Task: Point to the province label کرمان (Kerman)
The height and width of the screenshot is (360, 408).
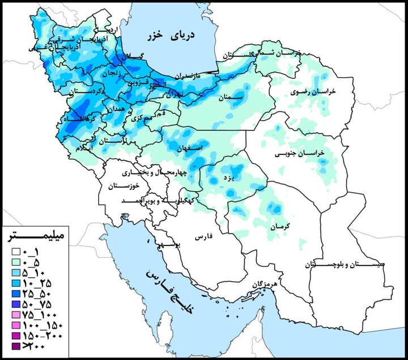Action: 280,226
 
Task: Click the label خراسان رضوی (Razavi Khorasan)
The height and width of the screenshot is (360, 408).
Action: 310,91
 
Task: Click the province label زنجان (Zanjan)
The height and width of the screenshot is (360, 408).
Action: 111,73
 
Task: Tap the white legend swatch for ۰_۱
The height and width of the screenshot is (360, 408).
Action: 17,252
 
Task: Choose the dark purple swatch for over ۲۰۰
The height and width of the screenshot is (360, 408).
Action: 17,347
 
